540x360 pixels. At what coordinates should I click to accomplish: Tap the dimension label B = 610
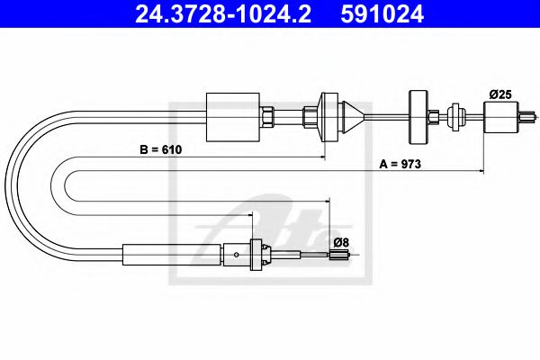tap(160, 150)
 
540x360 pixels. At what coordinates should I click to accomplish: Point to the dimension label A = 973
tap(400, 166)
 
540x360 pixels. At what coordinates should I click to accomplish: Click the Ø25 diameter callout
tap(499, 94)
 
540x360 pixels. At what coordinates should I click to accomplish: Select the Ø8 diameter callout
tap(340, 242)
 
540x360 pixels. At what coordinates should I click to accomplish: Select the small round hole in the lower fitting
tap(236, 255)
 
